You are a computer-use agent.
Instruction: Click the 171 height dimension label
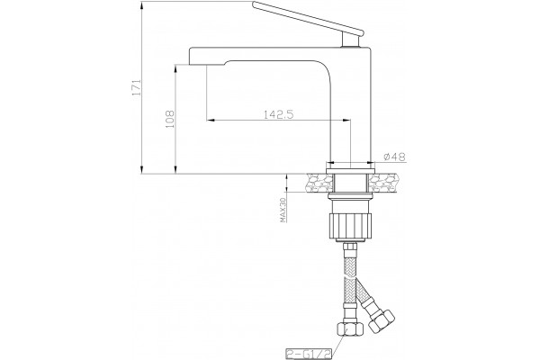[137, 87]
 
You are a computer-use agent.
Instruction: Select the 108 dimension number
[170, 119]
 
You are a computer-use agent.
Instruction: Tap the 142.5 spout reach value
[279, 114]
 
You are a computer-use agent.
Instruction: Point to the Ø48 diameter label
[394, 157]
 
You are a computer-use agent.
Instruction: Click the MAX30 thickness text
[283, 210]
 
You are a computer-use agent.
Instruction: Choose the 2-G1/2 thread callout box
[309, 354]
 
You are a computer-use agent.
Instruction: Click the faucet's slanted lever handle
[308, 18]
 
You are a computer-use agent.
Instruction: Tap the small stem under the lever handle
[350, 40]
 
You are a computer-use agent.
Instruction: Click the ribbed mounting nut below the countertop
[351, 225]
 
